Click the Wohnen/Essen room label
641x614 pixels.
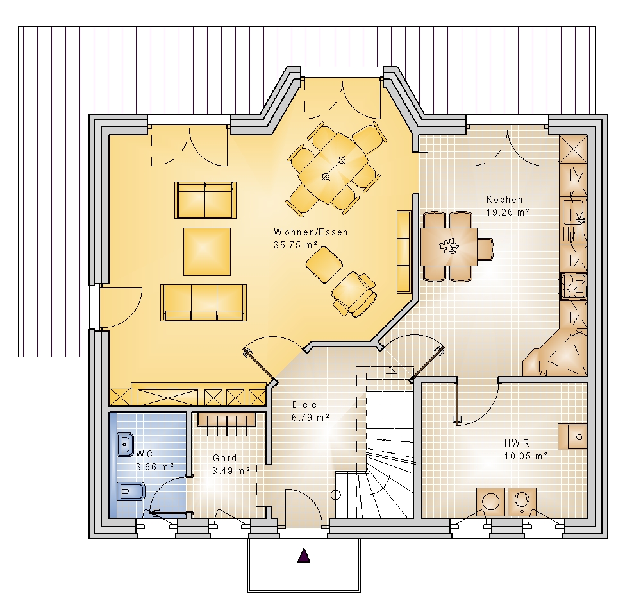311,232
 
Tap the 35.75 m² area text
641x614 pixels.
296,245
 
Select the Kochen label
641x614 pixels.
504,200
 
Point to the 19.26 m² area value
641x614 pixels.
508,212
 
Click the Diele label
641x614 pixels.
304,405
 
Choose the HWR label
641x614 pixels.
517,443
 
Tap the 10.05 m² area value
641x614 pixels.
526,456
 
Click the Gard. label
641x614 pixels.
226,458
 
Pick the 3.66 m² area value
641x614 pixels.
155,466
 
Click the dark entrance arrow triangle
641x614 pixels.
303,556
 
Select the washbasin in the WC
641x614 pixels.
125,444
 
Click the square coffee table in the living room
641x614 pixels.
207,252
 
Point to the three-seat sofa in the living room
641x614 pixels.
204,303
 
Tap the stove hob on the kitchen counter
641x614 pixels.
572,286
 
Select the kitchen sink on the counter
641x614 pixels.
574,212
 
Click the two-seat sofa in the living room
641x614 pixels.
205,200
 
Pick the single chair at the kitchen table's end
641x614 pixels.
486,249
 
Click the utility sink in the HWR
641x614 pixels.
572,437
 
